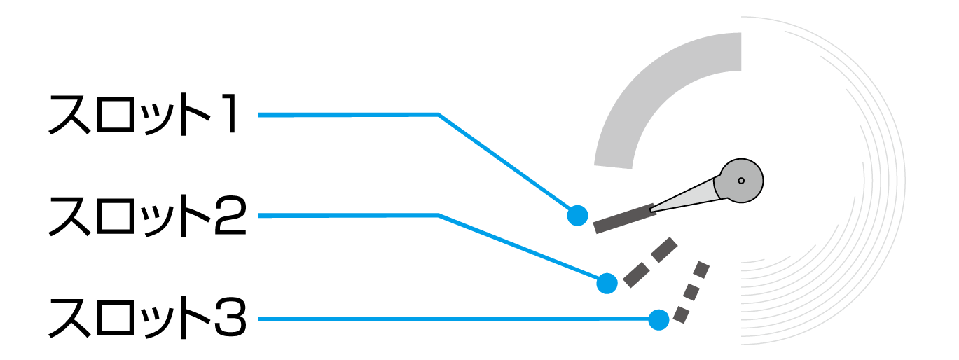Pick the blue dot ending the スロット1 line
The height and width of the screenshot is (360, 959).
click(x=577, y=215)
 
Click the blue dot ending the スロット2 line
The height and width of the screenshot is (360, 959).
click(x=607, y=283)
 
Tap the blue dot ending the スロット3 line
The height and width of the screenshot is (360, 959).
click(x=658, y=319)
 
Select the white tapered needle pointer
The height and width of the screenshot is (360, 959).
click(x=683, y=199)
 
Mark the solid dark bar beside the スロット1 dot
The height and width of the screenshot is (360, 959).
click(x=623, y=219)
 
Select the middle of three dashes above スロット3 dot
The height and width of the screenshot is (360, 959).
click(x=691, y=291)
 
